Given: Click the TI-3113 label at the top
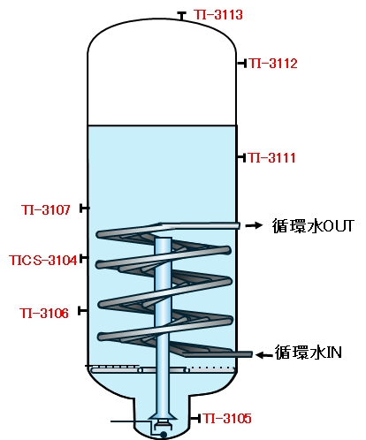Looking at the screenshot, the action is pyautogui.click(x=218, y=14).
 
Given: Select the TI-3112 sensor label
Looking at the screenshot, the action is pyautogui.click(x=273, y=64).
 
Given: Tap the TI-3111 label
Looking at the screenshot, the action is pyautogui.click(x=271, y=157).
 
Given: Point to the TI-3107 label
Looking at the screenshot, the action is pyautogui.click(x=46, y=209).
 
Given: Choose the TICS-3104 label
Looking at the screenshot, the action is pyautogui.click(x=43, y=261).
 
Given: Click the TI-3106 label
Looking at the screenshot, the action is pyautogui.click(x=44, y=313).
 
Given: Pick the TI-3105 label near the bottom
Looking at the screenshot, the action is pyautogui.click(x=227, y=418).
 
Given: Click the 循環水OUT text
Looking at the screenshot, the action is pyautogui.click(x=313, y=226).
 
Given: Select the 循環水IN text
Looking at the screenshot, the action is pyautogui.click(x=309, y=353).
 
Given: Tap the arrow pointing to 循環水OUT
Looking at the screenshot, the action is pyautogui.click(x=254, y=225).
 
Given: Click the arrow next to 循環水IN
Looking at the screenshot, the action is pyautogui.click(x=264, y=355).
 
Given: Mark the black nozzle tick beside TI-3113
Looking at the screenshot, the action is pyautogui.click(x=181, y=16).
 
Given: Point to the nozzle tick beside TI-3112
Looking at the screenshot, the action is pyautogui.click(x=242, y=63).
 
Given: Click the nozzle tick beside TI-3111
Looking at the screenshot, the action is pyautogui.click(x=241, y=157).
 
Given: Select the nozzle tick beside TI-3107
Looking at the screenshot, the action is pyautogui.click(x=84, y=209).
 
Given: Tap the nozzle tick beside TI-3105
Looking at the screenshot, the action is pyautogui.click(x=195, y=418).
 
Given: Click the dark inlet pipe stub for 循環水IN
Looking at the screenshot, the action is pyautogui.click(x=217, y=354).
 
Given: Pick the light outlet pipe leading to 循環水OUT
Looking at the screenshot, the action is pyautogui.click(x=200, y=225).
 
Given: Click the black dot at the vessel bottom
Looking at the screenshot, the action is pyautogui.click(x=163, y=434).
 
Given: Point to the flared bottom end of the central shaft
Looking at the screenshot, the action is pyautogui.click(x=163, y=416).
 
